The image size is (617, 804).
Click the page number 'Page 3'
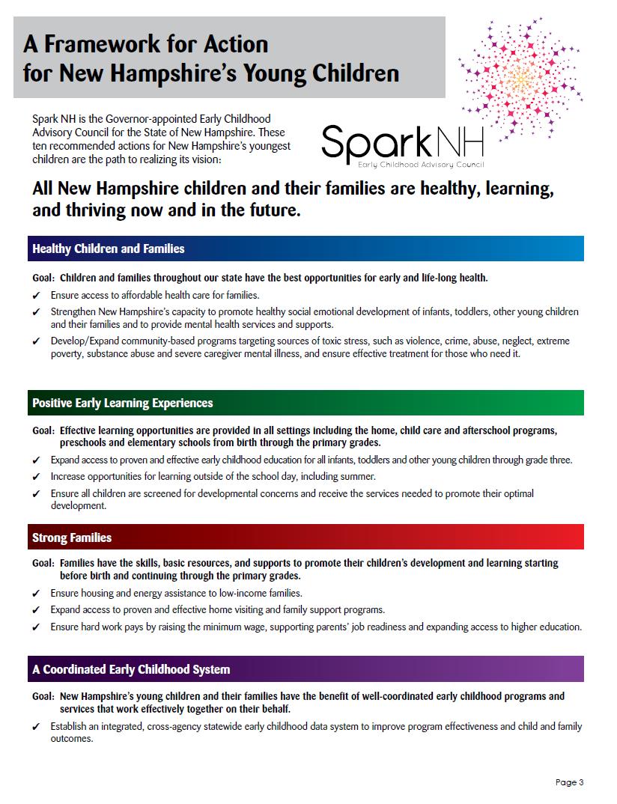(569, 782)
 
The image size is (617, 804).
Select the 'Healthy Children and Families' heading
(108, 249)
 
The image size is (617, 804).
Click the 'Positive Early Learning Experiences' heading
(122, 403)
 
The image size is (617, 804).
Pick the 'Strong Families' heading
(72, 537)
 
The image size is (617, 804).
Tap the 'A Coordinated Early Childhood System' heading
(131, 669)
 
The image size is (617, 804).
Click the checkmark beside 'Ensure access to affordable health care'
(36, 296)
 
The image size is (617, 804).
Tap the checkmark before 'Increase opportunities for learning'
(36, 477)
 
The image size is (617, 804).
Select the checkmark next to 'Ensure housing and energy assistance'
(36, 594)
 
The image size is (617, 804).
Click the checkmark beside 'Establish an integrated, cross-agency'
(36, 727)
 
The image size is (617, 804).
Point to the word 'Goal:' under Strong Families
(43, 563)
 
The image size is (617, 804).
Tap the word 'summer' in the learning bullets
(357, 476)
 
